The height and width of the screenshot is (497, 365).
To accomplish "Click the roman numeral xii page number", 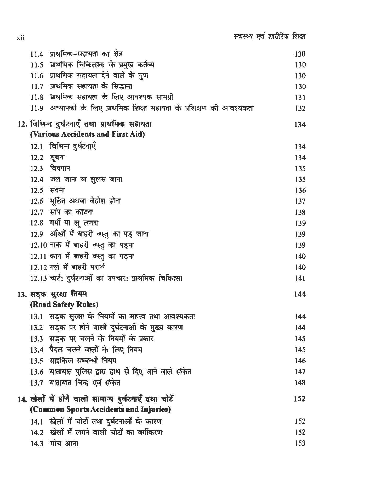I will pos(20,38).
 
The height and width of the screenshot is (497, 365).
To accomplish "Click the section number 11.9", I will pos(36,108).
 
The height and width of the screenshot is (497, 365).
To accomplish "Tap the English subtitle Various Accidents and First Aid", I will pos(88,134).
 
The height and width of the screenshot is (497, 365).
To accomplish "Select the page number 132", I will pos(300,108).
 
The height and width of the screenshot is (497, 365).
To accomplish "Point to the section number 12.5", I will pos(36,190).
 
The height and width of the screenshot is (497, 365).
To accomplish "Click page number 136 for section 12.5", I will pos(300,190).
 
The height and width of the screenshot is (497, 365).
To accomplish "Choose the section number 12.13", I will pos(38,278).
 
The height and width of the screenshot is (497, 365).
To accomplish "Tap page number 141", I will pos(300,278).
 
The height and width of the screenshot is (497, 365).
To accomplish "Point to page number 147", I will pos(300,372).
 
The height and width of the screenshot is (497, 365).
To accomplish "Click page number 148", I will pos(300,383).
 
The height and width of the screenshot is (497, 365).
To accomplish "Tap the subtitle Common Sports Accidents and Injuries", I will pos(100,409).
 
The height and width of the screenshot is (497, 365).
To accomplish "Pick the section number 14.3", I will pos(36,444).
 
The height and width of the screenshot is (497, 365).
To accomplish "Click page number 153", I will pos(300,443).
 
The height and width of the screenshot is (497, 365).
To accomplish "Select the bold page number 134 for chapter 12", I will pos(300,125).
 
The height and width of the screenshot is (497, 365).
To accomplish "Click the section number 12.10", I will pos(38,245).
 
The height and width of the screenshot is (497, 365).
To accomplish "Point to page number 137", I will pos(300,201).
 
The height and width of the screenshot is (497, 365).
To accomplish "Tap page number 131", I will pos(300,98).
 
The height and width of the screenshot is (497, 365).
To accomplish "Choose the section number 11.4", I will pos(36,54).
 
